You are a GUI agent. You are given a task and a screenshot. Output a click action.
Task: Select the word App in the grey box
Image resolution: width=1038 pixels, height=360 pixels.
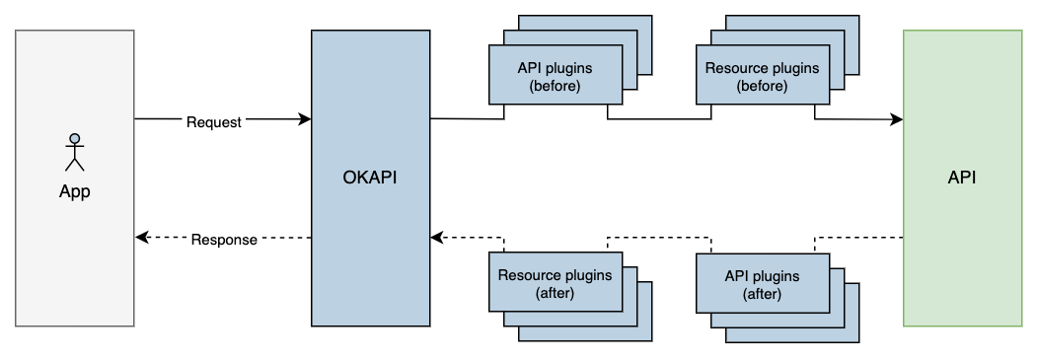[x=74, y=192]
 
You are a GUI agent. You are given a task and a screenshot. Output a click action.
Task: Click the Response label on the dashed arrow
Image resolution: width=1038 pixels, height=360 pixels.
[x=224, y=239]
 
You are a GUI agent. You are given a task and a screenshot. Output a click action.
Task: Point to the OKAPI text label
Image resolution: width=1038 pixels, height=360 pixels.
[x=371, y=179]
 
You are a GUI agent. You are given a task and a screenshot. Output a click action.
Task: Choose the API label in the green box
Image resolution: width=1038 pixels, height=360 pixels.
[x=962, y=179]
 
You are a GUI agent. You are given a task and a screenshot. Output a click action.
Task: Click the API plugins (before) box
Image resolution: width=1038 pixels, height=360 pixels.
[x=556, y=78]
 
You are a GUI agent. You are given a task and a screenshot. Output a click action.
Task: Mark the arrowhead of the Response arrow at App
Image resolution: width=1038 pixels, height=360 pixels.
[x=142, y=238]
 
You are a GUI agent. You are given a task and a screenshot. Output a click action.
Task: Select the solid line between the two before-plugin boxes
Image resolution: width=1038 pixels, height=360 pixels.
[x=659, y=120]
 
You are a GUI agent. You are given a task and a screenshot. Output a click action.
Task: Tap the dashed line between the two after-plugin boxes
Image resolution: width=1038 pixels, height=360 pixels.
[x=659, y=238]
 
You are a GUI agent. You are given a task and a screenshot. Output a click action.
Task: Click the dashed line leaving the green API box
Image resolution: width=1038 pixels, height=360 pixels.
[x=858, y=238]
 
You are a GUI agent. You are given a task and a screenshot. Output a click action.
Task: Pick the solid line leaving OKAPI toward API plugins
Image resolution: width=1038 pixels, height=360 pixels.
[x=466, y=119]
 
